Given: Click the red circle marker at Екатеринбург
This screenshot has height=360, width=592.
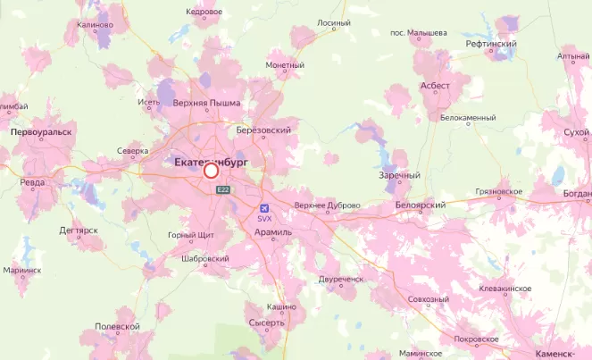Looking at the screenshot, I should point(212,171).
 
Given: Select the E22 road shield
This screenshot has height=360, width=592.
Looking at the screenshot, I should point(222,189).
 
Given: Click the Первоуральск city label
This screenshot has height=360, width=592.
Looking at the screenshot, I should point(40,131).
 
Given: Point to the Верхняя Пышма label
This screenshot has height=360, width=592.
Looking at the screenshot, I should point(206,103).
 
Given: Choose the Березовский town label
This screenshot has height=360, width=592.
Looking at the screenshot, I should point(264,130).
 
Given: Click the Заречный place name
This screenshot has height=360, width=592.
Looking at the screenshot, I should point(399,175).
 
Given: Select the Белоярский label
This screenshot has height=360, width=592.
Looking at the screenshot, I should point(420,205).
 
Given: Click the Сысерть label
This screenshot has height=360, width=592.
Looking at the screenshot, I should point(266,322).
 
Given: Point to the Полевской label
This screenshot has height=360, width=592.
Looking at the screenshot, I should point(118,327).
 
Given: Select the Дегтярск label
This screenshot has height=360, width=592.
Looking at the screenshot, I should point(79,230).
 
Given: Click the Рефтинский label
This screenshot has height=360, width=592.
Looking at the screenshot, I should point(491,43).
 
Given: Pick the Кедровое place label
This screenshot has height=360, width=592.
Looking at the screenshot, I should point(204,12).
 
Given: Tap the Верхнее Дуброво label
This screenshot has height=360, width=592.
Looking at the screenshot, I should point(327,205).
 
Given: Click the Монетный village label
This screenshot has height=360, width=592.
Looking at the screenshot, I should point(285,65).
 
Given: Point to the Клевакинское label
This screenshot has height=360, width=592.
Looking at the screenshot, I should point(505,289).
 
